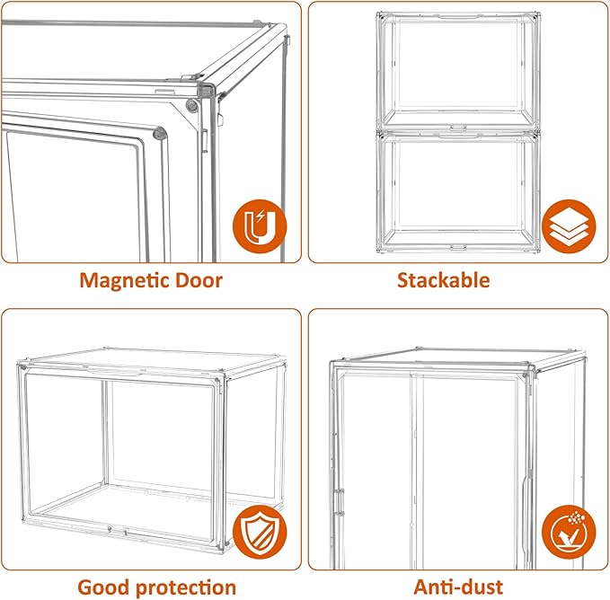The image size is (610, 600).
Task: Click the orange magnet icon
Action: [x=260, y=226]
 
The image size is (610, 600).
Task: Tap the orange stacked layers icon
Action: [x=569, y=226]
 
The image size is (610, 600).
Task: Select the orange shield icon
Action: [x=260, y=532]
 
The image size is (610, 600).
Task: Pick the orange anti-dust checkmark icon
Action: [x=569, y=532]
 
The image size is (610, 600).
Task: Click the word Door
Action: [x=199, y=280]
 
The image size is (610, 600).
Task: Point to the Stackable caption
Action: [x=444, y=280]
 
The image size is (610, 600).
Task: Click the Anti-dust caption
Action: [x=458, y=587]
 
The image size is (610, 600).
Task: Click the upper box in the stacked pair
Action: [x=458, y=72]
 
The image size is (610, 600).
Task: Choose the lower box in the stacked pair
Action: [x=458, y=192]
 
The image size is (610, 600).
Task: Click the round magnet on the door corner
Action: [x=160, y=133]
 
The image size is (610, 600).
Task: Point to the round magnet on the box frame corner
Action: [x=191, y=105]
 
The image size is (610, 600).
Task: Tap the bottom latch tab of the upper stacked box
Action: [x=458, y=128]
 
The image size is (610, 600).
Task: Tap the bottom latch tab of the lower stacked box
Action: [x=458, y=247]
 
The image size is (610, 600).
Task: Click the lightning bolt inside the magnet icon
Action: [x=261, y=216]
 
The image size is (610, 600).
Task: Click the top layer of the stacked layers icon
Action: [x=569, y=216]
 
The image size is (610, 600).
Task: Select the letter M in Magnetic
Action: [x=88, y=280]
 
